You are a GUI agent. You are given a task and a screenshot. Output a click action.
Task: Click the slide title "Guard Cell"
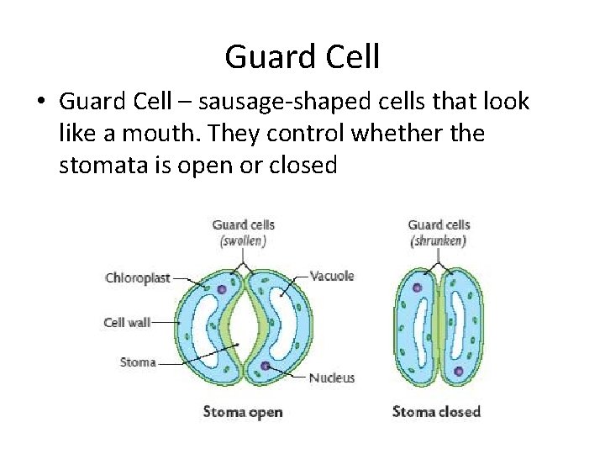302,57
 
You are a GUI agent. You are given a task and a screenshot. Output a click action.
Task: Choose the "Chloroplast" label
137,278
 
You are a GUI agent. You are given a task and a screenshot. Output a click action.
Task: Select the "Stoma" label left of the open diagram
138,362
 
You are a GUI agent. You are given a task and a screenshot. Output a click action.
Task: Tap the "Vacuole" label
332,276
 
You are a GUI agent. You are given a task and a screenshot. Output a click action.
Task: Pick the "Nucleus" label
331,378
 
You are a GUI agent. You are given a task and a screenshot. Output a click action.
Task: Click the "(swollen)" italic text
243,240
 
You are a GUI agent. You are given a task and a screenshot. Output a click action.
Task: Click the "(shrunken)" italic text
438,240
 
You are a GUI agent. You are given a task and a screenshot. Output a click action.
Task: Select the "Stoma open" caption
243,412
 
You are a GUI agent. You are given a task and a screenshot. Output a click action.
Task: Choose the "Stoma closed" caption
436,412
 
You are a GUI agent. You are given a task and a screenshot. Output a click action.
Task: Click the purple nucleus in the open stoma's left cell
222,288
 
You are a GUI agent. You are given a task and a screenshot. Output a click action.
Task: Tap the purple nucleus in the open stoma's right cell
265,367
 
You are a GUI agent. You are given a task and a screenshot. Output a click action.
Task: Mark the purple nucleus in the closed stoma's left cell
417,288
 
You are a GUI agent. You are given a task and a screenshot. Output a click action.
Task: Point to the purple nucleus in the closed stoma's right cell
459,370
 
